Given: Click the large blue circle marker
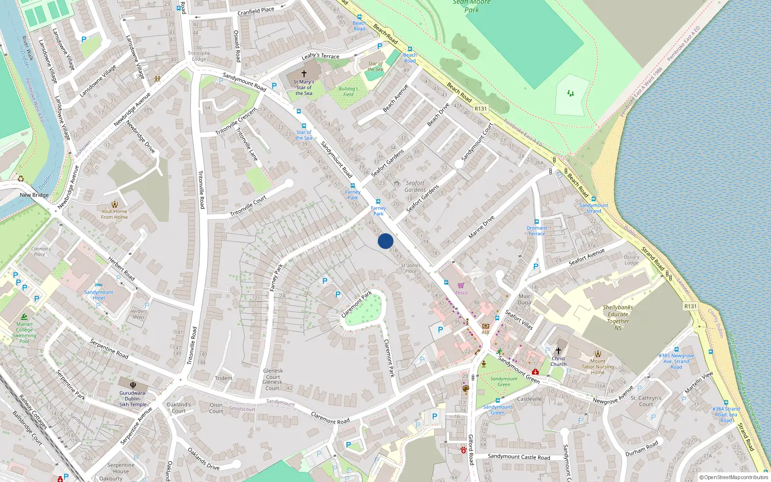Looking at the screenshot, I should [385, 241].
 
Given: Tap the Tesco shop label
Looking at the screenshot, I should [461, 293].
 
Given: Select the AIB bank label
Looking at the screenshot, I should [485, 332].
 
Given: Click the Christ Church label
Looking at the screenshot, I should [558, 361].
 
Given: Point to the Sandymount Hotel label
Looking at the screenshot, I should [99, 295].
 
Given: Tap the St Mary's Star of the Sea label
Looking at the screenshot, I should [304, 88].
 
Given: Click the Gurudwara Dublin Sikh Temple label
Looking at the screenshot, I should [133, 399].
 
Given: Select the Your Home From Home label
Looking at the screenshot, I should [114, 214].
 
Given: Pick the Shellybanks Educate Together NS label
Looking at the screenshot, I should [618, 318].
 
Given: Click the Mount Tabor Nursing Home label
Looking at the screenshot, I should [598, 366].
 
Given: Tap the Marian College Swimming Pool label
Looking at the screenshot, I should [24, 333].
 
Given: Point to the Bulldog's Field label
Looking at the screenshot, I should [348, 92].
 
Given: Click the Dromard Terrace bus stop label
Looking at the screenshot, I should [536, 231].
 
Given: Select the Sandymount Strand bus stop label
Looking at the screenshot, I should [594, 208].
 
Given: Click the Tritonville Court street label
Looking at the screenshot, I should [248, 206].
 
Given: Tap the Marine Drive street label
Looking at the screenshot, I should [481, 227].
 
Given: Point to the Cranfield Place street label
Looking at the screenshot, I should [256, 11].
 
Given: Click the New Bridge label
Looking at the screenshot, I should [34, 195].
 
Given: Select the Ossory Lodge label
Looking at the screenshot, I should [631, 260].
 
